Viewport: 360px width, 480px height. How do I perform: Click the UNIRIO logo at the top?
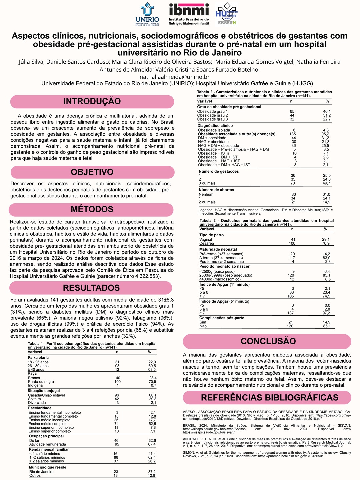tap(147, 14)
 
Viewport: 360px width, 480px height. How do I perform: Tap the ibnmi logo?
tap(189, 14)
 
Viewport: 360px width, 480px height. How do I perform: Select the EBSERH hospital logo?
tap(227, 14)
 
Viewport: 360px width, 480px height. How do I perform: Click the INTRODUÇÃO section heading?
tap(92, 101)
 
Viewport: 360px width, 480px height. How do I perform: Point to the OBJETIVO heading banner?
tap(92, 172)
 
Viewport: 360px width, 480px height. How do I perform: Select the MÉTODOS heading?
tap(92, 209)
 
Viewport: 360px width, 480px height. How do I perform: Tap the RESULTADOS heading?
tap(91, 288)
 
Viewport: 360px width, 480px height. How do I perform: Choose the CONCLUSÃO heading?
tap(268, 341)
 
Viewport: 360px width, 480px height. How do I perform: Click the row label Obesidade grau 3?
tap(213, 119)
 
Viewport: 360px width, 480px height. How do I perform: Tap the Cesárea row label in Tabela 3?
tap(207, 243)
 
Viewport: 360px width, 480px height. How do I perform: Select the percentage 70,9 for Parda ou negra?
tap(153, 382)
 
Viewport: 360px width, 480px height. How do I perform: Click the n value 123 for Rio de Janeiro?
tap(115, 472)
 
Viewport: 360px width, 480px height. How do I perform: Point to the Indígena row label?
tap(35, 385)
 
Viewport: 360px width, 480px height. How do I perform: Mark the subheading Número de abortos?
tap(216, 190)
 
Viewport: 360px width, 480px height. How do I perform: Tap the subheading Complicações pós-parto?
tap(222, 318)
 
